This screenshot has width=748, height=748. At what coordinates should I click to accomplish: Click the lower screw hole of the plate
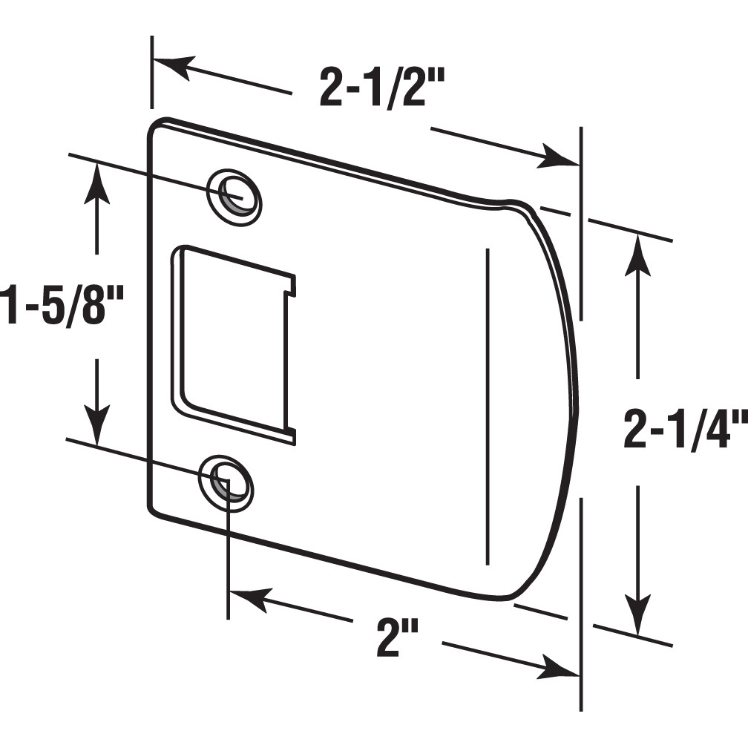pyautogui.click(x=226, y=483)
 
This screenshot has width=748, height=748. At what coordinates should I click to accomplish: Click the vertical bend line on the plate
pyautogui.click(x=487, y=404)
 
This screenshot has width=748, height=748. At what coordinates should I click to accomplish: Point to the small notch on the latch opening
pyautogui.click(x=291, y=286)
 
